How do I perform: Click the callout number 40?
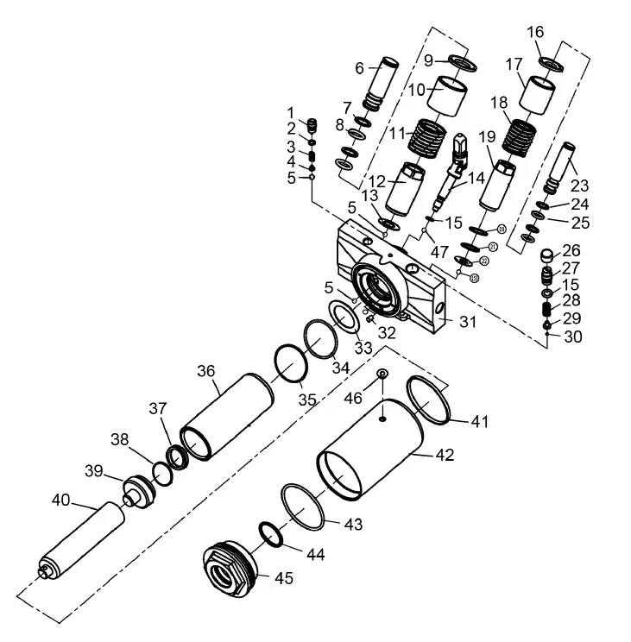[x=60, y=500]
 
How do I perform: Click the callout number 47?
[x=440, y=251]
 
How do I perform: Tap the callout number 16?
[x=535, y=32]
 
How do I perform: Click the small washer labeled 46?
[x=382, y=372]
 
